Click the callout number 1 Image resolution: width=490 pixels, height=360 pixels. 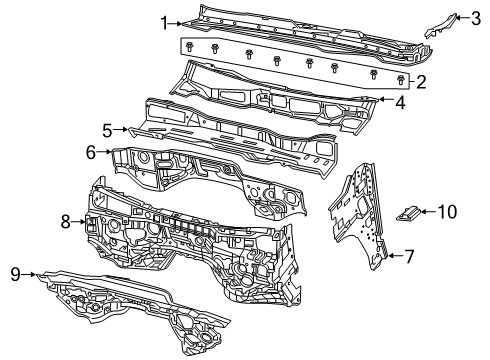click(x=164, y=20)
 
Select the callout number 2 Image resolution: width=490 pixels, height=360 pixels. click(x=422, y=83)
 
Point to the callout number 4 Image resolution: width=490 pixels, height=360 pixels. click(x=400, y=102)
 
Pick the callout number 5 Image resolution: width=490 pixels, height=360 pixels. click(x=107, y=129)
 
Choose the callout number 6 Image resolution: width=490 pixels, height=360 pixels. click(x=90, y=152)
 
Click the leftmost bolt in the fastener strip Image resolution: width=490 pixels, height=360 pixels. click(x=189, y=47)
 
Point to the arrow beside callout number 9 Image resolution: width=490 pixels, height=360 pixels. click(x=36, y=273)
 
